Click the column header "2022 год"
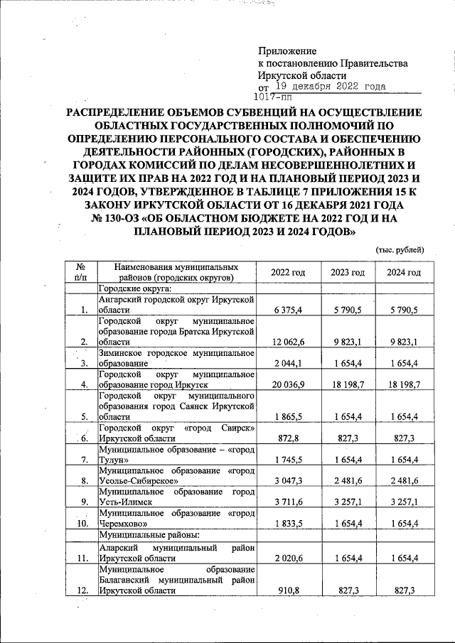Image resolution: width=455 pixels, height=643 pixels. [x=288, y=273]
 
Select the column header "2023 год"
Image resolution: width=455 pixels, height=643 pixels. [x=347, y=273]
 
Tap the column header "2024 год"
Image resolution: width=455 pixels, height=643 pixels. [x=404, y=273]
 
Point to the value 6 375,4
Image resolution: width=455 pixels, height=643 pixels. [x=288, y=310]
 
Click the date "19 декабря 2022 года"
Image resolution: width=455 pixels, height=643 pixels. [x=331, y=86]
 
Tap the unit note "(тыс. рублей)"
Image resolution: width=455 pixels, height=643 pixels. [x=400, y=249]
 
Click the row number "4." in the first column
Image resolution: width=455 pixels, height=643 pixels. [x=84, y=384]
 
